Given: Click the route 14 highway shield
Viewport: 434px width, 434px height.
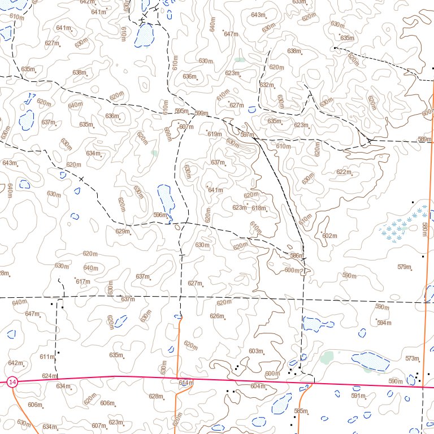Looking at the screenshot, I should (13, 383).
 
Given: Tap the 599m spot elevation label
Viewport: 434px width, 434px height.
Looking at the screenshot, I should (201, 114).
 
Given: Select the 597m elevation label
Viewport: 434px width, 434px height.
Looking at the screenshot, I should (246, 134).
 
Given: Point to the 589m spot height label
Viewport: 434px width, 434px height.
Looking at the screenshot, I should (423, 139).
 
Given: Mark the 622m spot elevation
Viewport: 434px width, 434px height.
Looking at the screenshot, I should (343, 172).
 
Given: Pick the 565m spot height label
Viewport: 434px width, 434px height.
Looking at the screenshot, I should (301, 411).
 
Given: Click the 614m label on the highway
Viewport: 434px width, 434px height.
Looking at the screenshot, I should (186, 383).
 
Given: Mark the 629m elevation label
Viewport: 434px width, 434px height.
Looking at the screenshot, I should (123, 231).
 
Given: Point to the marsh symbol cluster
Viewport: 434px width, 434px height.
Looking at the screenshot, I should (403, 225).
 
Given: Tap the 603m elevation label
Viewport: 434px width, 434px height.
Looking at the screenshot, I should (256, 351).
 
